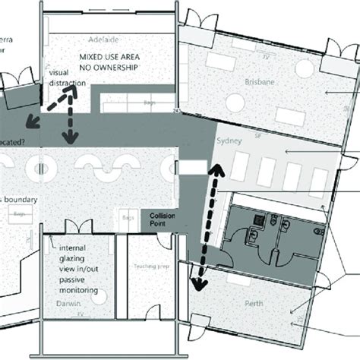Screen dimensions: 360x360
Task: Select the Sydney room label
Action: coord(229,142)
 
